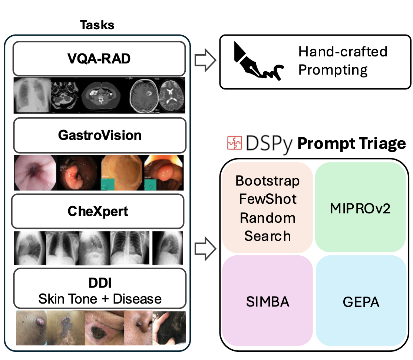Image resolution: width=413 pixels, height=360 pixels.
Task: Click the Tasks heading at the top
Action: [x=97, y=25]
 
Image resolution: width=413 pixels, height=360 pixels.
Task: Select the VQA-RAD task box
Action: [x=99, y=59]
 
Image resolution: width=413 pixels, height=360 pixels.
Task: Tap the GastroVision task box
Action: [x=99, y=135]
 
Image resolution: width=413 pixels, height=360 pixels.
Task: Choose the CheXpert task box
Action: [x=98, y=211]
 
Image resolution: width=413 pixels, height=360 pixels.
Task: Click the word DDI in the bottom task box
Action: [x=100, y=283]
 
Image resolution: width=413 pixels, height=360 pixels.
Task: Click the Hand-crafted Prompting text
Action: [x=343, y=60]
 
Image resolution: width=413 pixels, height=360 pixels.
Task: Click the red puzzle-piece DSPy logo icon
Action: [x=234, y=144]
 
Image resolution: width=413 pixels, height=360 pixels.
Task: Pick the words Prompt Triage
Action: [x=352, y=144]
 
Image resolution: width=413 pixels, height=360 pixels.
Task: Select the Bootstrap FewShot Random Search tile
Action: [x=268, y=208]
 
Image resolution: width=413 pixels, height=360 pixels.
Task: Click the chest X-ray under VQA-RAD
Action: [x=31, y=95]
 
